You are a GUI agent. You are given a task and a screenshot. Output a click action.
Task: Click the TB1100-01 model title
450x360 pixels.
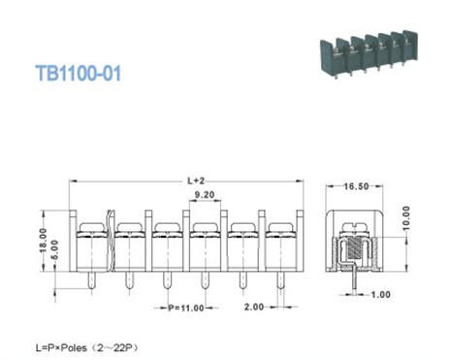point(78,73)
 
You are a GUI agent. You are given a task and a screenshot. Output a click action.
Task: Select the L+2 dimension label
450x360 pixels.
point(195,180)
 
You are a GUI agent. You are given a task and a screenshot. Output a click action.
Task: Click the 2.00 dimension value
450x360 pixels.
point(254,308)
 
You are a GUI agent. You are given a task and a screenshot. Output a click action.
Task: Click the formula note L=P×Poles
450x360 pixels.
point(94,344)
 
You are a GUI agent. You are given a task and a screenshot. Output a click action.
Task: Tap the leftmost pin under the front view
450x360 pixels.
point(90,282)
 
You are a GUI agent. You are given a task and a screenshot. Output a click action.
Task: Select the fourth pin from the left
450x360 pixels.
point(205,282)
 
